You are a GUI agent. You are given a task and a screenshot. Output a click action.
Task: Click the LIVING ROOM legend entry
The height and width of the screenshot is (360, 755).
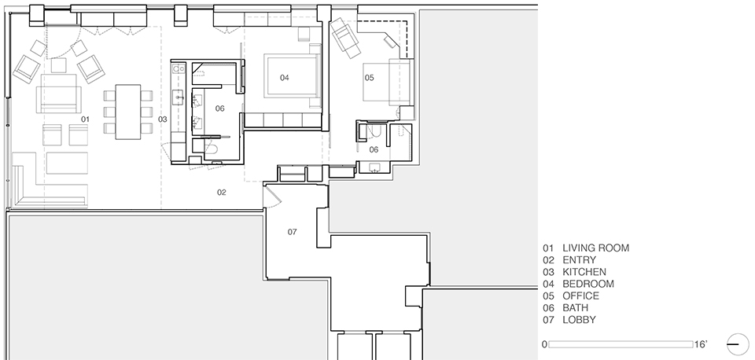586,248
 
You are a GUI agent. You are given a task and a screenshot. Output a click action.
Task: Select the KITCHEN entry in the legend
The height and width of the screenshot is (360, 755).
574,272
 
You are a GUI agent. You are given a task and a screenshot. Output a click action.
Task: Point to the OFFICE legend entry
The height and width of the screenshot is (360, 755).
571,296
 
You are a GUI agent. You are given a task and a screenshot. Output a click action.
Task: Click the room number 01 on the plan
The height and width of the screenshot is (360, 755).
85,119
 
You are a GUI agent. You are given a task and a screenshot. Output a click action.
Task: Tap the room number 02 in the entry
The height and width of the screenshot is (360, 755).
221,193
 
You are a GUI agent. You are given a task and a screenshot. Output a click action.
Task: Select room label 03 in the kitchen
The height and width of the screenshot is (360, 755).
163,119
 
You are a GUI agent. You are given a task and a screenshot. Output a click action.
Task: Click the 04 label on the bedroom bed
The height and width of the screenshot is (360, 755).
285,78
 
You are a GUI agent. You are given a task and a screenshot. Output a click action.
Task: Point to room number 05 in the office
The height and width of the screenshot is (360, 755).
369,78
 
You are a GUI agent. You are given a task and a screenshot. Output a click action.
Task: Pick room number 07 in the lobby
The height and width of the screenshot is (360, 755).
293,232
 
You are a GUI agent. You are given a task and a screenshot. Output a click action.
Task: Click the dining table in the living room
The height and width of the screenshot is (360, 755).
128,112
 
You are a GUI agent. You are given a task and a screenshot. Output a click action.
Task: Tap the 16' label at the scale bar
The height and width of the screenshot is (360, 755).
701,344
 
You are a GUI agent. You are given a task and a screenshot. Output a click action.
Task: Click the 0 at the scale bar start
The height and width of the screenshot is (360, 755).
544,344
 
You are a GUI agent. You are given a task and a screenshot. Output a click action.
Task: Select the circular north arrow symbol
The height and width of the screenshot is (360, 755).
737,344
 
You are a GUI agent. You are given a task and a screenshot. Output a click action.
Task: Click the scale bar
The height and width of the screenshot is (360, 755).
621,344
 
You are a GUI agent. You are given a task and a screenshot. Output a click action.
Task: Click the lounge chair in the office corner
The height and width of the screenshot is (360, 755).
346,35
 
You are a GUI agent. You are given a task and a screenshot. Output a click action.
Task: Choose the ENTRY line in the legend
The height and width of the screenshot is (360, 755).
569,260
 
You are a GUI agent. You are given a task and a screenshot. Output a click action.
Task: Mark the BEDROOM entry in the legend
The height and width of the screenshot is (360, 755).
578,284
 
